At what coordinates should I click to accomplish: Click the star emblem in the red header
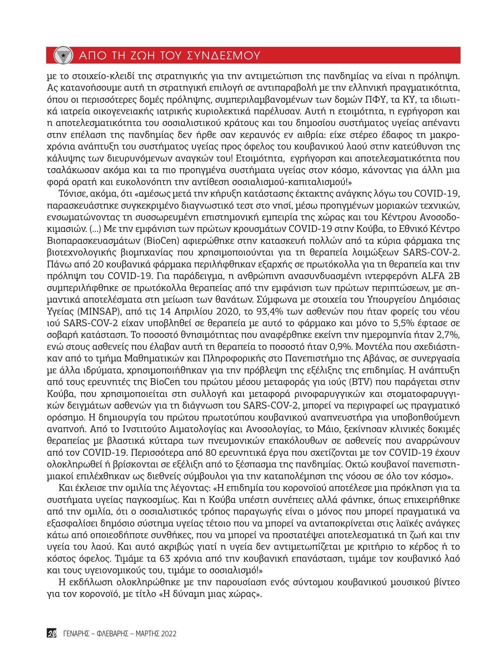point(63,55)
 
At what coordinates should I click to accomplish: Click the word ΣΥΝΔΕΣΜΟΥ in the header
point(223,56)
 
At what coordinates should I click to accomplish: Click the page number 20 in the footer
point(52,634)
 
